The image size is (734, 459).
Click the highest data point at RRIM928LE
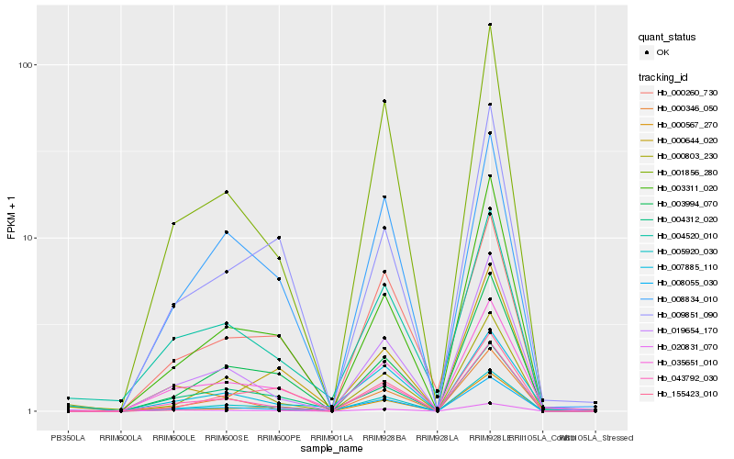tap(490, 25)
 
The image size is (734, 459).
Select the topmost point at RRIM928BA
tap(384, 101)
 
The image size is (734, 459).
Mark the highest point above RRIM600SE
tap(226, 192)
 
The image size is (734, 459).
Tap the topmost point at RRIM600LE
tap(173, 223)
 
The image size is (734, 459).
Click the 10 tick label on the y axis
tap(28, 238)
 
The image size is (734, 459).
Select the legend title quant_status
tap(668, 38)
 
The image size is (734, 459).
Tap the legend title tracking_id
tap(663, 76)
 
